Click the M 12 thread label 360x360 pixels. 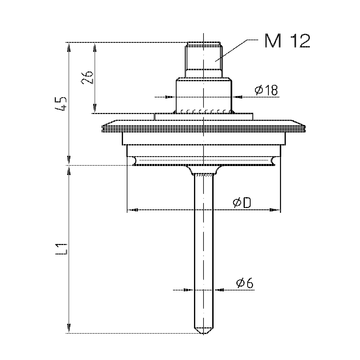click(287, 41)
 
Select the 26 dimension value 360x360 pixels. click(88, 77)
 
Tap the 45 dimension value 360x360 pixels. click(62, 104)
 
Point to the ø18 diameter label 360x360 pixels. click(266, 90)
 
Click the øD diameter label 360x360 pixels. click(242, 203)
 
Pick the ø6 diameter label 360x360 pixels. click(245, 283)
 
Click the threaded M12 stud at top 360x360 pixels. click(203, 56)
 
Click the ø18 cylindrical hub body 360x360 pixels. click(203, 95)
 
